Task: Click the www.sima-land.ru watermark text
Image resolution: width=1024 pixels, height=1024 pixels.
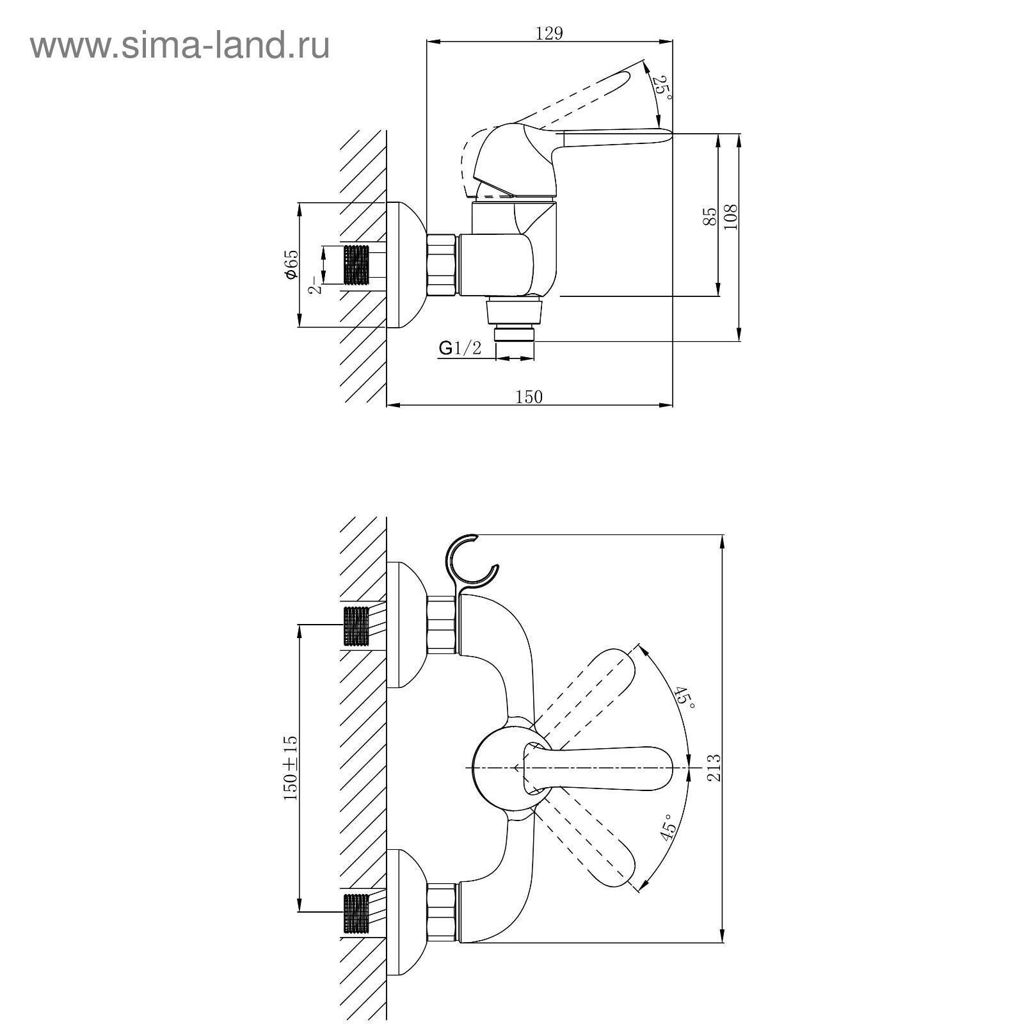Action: point(180,46)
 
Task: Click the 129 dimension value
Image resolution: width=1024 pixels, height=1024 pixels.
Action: point(549,33)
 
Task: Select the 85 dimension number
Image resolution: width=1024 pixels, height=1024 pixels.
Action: point(709,216)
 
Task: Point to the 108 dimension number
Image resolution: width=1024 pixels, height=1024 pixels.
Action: point(731,216)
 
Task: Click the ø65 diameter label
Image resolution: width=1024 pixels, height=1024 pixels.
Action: point(291,264)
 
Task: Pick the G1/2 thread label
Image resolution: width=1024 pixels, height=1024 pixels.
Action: point(460,348)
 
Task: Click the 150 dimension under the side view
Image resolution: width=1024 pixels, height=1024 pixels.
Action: point(529,397)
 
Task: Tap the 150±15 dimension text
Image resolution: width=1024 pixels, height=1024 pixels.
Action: point(291,768)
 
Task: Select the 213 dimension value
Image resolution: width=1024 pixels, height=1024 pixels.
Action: point(714,767)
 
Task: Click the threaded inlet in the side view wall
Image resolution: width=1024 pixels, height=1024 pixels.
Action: point(357,264)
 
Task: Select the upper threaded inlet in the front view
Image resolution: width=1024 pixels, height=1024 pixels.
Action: point(357,626)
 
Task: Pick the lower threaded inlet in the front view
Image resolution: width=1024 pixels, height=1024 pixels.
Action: point(357,913)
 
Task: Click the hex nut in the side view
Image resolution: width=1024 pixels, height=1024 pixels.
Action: point(441,264)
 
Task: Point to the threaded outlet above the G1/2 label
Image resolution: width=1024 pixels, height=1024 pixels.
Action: point(516,334)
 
